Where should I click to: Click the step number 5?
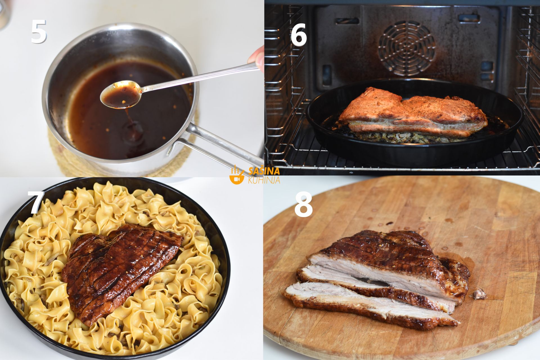(39, 31)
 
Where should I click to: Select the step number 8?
(303, 205)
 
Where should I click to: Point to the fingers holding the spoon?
(256, 58)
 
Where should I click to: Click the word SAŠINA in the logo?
(264, 171)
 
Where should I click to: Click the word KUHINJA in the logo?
(264, 180)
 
